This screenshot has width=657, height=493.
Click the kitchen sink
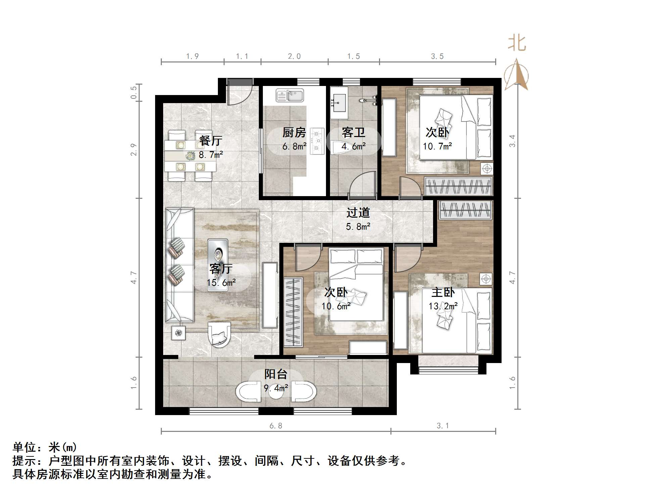290,95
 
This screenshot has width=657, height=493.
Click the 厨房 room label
294,133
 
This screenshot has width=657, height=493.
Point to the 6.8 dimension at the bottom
276,426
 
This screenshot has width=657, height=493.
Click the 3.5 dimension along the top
437,56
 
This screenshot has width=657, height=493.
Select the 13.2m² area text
443,306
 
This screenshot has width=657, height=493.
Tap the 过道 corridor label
358,213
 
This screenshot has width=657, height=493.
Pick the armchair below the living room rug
219,334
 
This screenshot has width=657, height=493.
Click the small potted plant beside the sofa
179,333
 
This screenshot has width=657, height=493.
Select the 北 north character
517,44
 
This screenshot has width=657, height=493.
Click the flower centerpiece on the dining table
191,155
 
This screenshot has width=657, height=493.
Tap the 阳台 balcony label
276,374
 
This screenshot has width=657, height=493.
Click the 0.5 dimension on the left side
134,92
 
